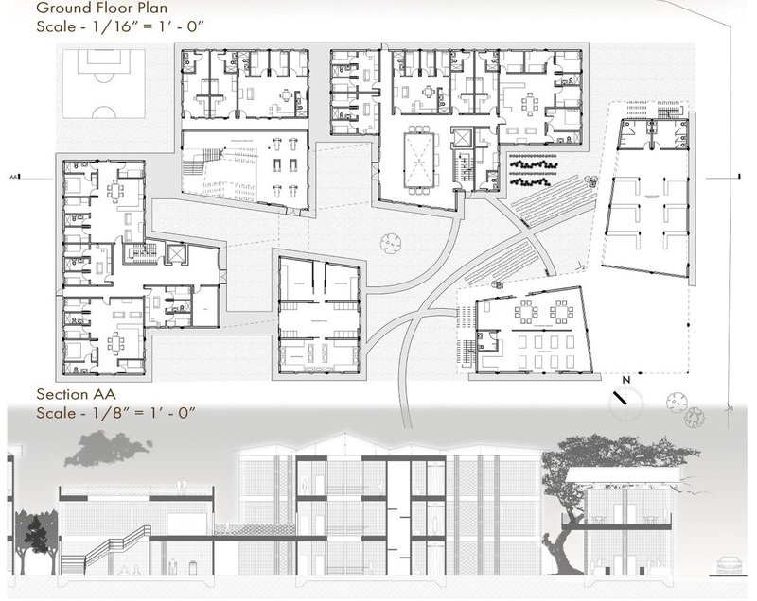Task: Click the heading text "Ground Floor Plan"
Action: tap(95, 10)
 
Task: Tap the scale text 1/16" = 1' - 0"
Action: tap(132, 28)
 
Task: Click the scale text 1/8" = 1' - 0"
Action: tap(128, 412)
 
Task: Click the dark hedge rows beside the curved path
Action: tap(534, 167)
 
